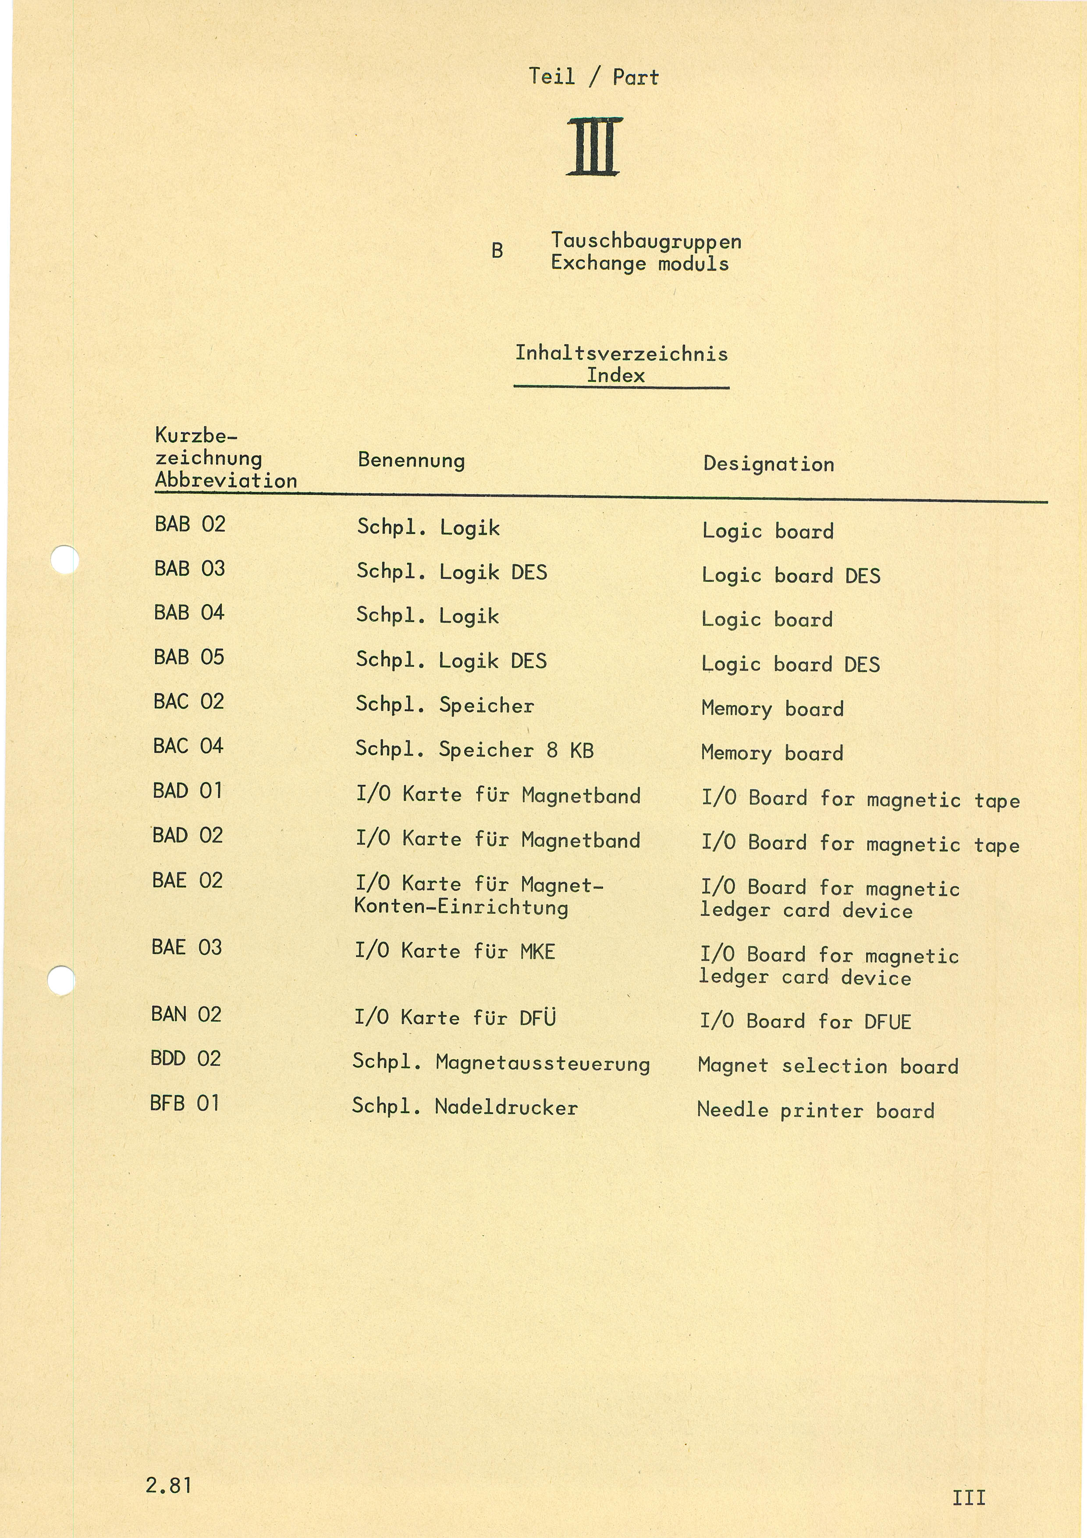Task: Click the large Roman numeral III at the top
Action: tap(593, 147)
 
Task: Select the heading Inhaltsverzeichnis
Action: tap(621, 353)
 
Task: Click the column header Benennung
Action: tap(411, 460)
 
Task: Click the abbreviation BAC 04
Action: tap(188, 746)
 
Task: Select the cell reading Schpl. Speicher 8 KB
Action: tap(474, 750)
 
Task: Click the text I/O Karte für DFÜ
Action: tap(455, 1018)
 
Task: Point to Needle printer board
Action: tap(815, 1110)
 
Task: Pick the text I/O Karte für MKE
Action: tap(455, 951)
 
